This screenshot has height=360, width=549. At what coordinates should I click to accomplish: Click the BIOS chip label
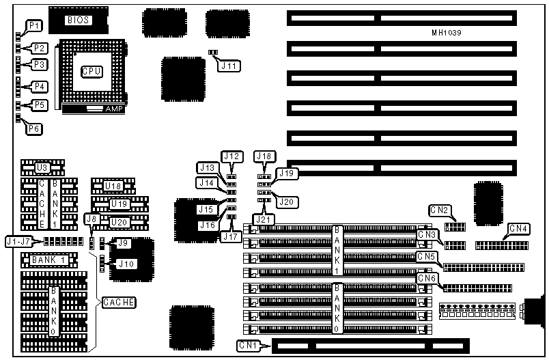pyautogui.click(x=77, y=20)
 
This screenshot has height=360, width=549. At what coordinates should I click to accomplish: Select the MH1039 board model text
pyautogui.click(x=449, y=33)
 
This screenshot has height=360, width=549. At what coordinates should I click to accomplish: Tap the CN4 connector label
pyautogui.click(x=518, y=227)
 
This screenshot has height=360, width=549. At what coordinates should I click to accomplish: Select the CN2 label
pyautogui.click(x=438, y=211)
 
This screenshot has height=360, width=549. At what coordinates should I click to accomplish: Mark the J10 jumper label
pyautogui.click(x=124, y=263)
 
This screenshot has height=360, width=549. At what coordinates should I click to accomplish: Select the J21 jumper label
pyautogui.click(x=263, y=219)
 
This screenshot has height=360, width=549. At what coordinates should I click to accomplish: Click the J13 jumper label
pyautogui.click(x=207, y=168)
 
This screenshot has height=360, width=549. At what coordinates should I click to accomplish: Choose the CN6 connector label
pyautogui.click(x=427, y=278)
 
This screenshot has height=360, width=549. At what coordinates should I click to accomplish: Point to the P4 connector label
pyautogui.click(x=40, y=87)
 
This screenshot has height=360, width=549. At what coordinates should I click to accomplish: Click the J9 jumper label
pyautogui.click(x=123, y=243)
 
